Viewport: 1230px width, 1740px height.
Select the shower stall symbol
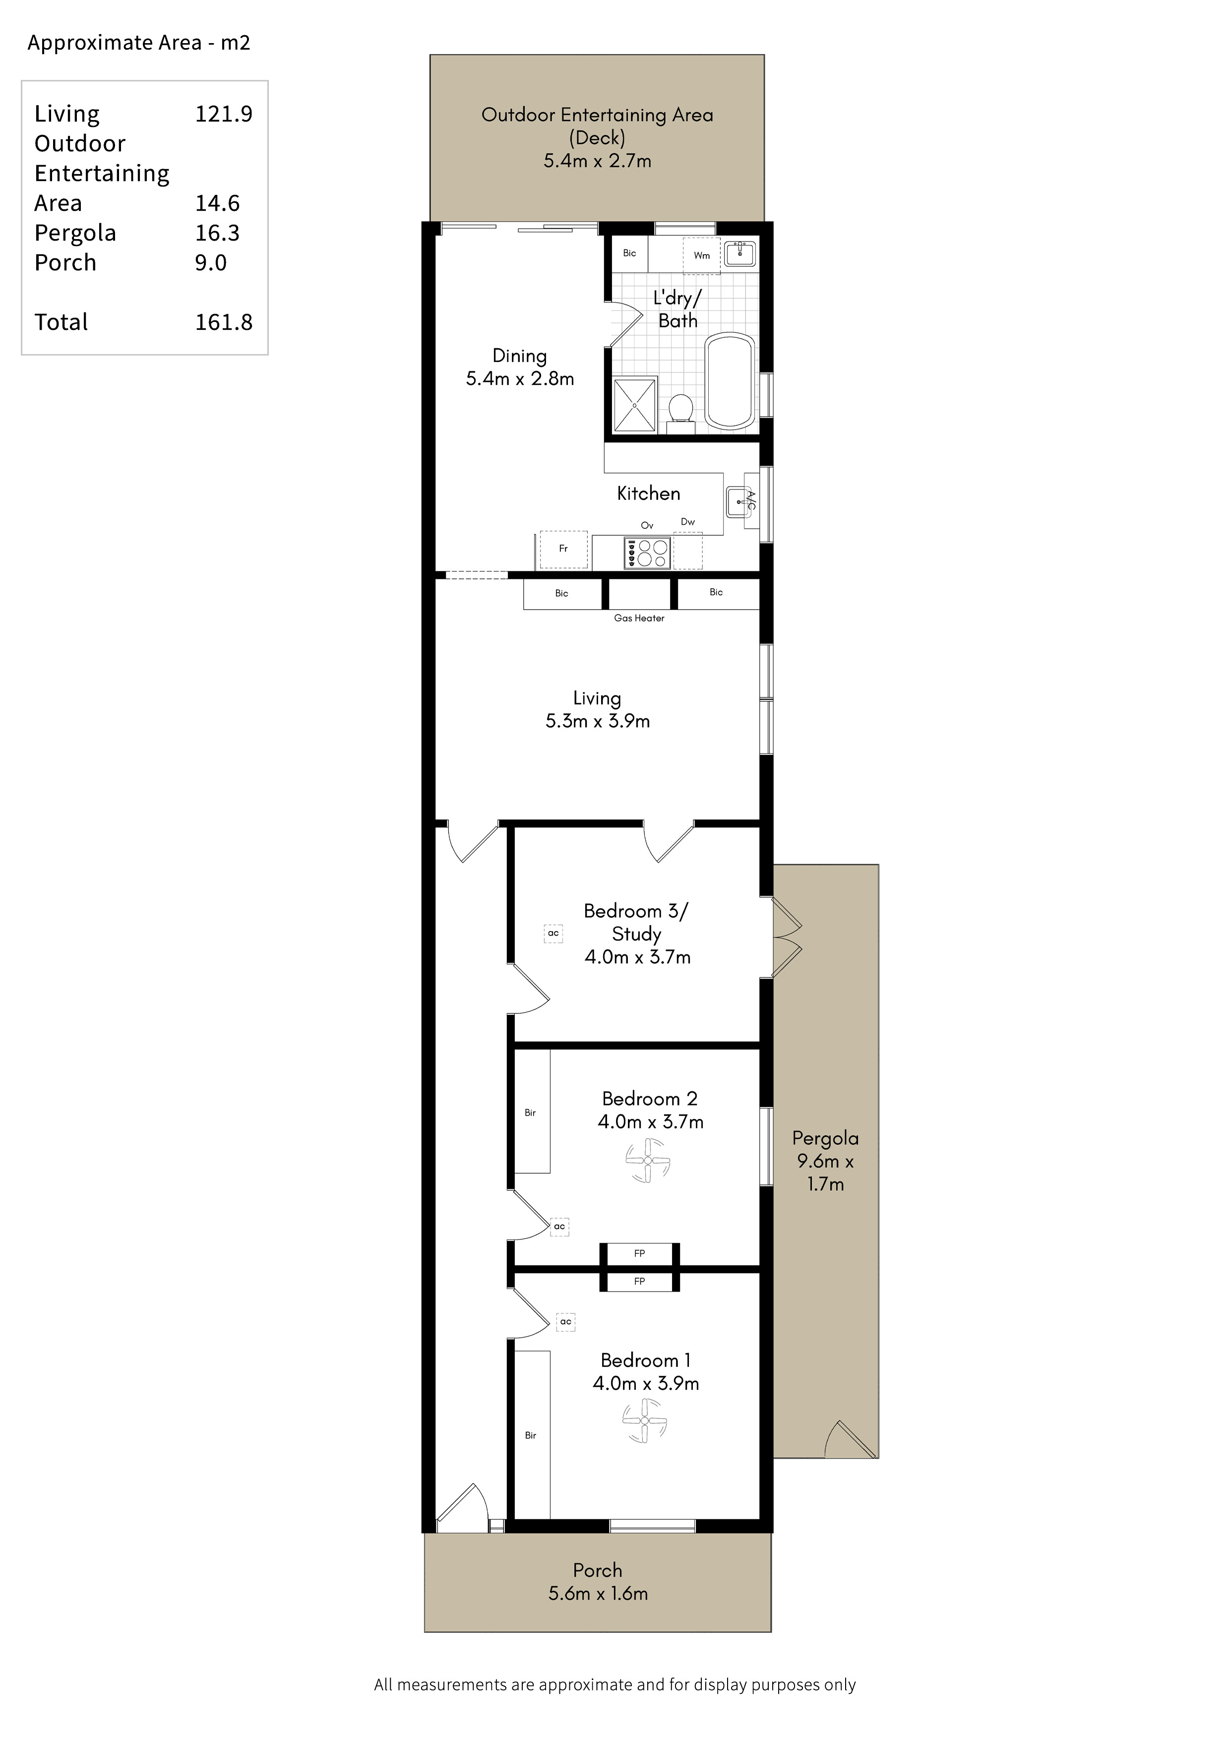click(x=634, y=405)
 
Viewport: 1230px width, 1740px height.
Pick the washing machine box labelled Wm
click(x=702, y=255)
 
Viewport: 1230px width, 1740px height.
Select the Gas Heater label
click(x=639, y=619)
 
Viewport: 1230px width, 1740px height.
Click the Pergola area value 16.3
click(x=218, y=233)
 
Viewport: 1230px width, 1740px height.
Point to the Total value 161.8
click(x=224, y=322)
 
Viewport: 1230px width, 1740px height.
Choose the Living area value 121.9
click(x=224, y=114)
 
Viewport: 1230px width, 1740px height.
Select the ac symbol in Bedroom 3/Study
click(x=553, y=933)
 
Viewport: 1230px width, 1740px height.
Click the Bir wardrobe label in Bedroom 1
click(x=531, y=1435)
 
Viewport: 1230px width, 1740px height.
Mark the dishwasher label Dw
click(x=687, y=521)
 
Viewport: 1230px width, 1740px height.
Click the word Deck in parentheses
click(x=597, y=138)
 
